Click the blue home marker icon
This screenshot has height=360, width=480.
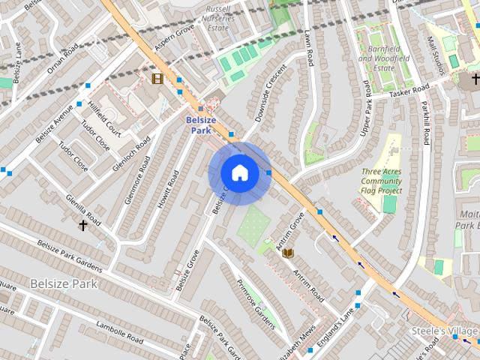(239, 173)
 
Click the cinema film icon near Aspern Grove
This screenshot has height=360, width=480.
(157, 78)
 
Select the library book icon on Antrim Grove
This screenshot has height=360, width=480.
(287, 253)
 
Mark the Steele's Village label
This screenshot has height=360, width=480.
(444, 331)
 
